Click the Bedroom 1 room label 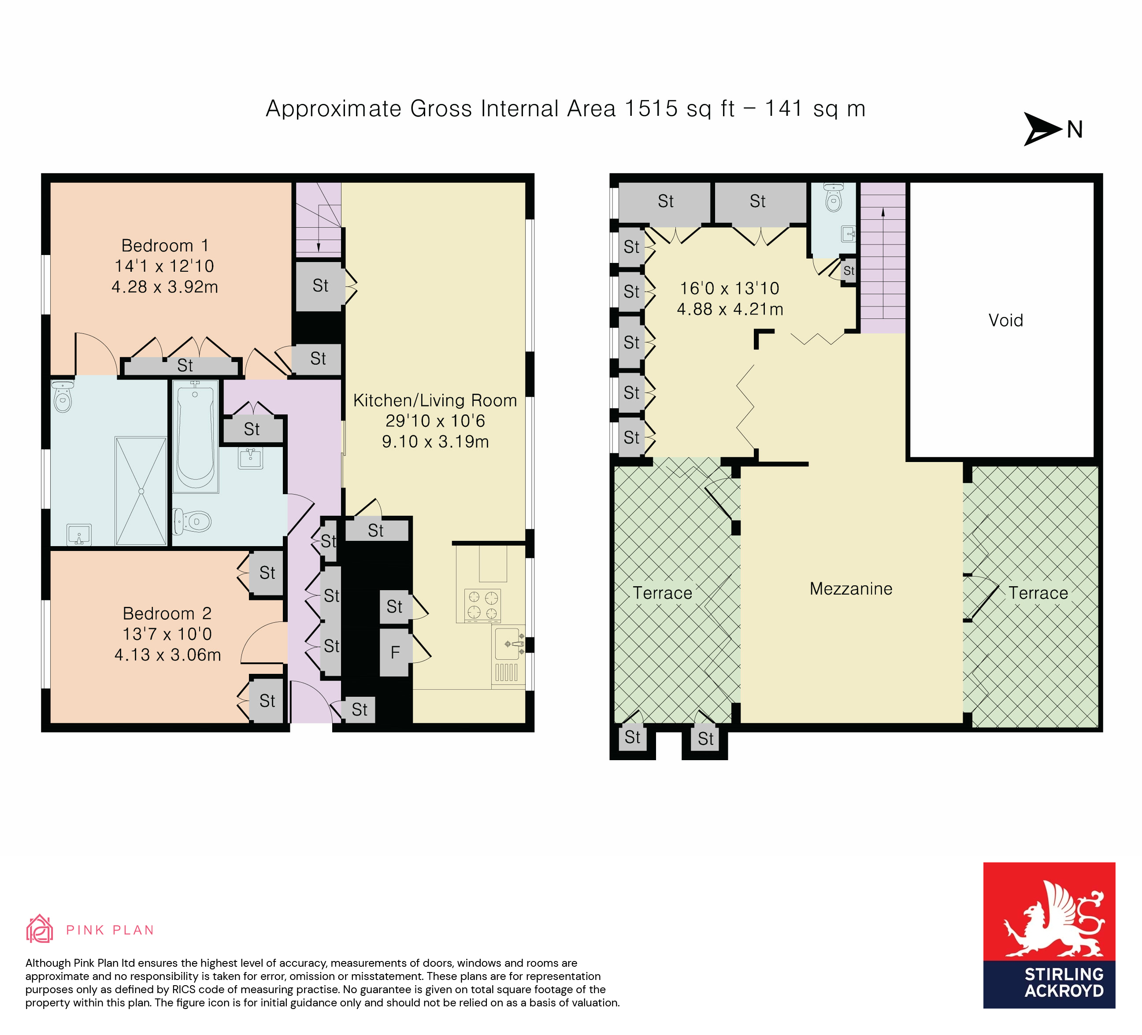point(165,246)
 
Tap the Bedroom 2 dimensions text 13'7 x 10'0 point(167,634)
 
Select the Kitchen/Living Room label point(434,400)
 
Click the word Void point(1005,321)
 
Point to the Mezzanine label point(851,589)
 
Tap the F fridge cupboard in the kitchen point(395,653)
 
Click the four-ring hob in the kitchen point(482,605)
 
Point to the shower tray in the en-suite point(141,491)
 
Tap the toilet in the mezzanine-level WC point(833,198)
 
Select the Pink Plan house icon point(40,929)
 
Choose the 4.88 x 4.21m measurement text point(730,309)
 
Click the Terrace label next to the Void point(1038,593)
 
